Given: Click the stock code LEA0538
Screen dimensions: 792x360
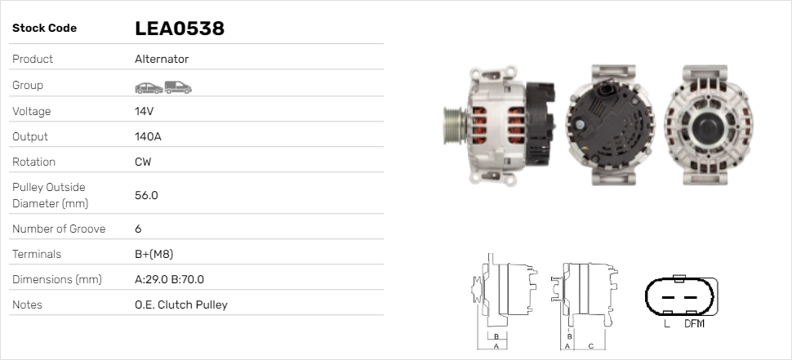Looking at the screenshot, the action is coord(180,29).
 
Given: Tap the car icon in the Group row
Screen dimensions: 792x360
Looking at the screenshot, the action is coord(149,88).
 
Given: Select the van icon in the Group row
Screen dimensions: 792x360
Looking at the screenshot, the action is coord(178,87).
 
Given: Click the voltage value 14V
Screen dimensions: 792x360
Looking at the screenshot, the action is coord(144,111).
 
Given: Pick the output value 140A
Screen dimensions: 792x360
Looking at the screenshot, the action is coord(148,136).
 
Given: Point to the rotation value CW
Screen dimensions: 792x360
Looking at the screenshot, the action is coord(143,162).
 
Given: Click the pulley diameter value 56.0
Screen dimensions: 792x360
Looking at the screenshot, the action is coord(146,195).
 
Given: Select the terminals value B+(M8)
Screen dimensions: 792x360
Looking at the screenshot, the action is coord(154,254).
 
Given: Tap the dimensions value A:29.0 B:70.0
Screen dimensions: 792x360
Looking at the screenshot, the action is coord(169,279).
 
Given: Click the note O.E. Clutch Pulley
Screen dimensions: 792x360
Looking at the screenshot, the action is coord(181,304).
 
